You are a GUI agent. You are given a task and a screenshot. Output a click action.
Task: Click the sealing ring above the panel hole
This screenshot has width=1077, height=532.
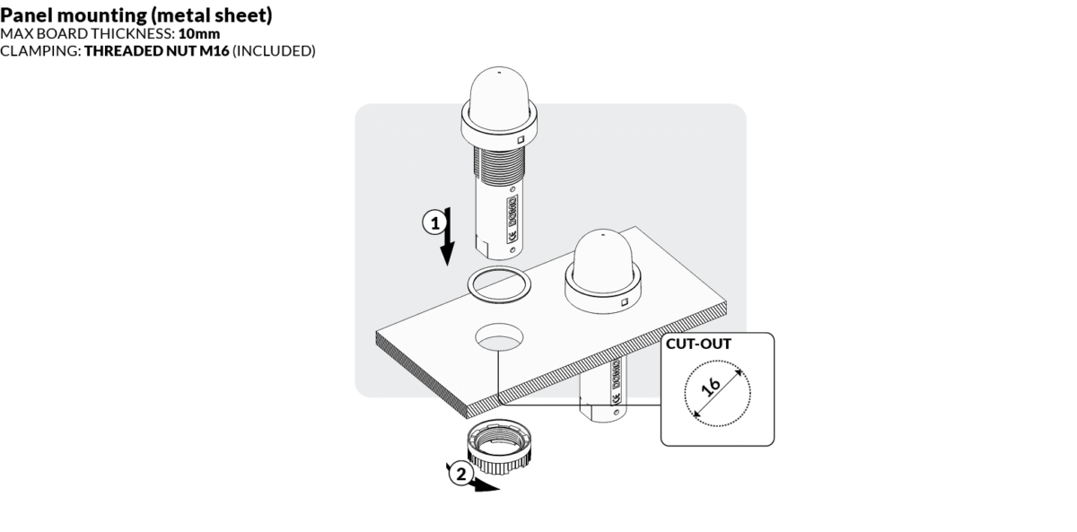pyautogui.click(x=498, y=285)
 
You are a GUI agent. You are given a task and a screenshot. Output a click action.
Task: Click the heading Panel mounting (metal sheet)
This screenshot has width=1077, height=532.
pyautogui.click(x=136, y=16)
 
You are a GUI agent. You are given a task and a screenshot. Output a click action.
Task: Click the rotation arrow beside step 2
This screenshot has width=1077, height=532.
pyautogui.click(x=483, y=485)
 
